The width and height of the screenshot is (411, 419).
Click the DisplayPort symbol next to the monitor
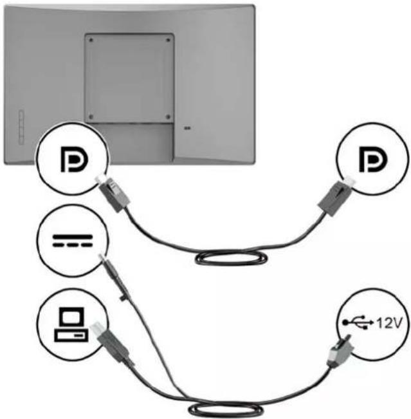(74, 159)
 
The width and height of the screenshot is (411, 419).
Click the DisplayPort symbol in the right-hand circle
(373, 159)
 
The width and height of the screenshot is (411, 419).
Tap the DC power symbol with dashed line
(73, 241)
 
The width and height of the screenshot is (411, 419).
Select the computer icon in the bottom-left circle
(71, 324)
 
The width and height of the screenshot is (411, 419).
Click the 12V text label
(388, 323)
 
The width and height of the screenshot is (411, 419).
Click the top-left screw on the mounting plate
(91, 40)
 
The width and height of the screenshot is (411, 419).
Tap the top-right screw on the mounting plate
(168, 40)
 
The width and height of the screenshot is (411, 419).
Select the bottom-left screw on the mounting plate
(91, 116)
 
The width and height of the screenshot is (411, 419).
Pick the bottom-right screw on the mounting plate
(168, 116)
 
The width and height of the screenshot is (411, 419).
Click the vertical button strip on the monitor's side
(21, 127)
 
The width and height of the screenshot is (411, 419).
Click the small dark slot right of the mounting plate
(188, 128)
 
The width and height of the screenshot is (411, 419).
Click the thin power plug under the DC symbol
(115, 277)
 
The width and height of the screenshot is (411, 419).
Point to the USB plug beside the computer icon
(112, 344)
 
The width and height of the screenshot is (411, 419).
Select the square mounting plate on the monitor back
(129, 79)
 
